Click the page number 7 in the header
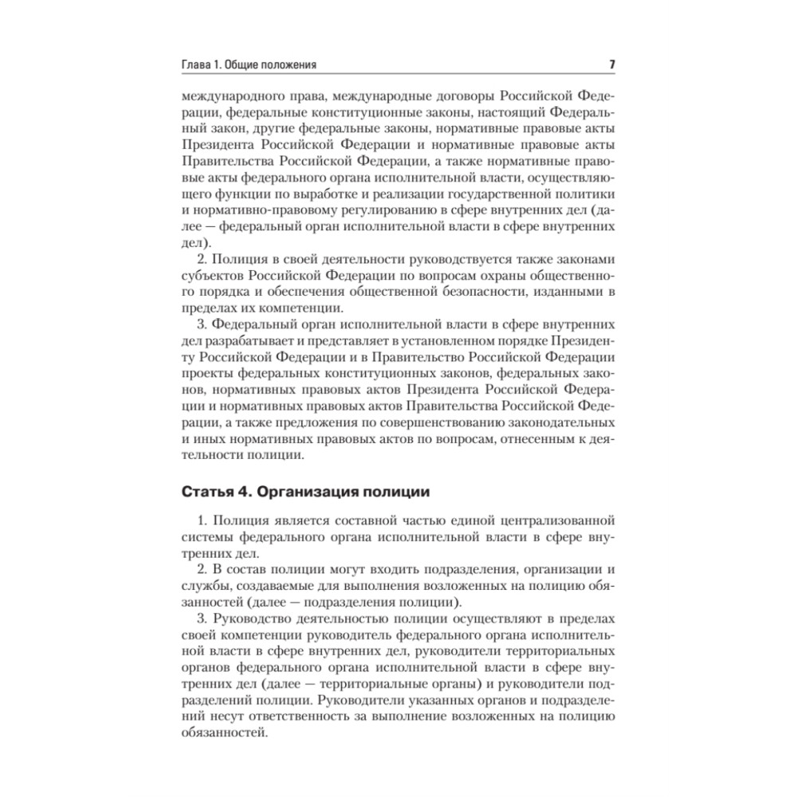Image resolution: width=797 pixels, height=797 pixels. (611, 65)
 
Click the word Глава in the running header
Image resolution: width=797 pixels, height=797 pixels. (198, 65)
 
